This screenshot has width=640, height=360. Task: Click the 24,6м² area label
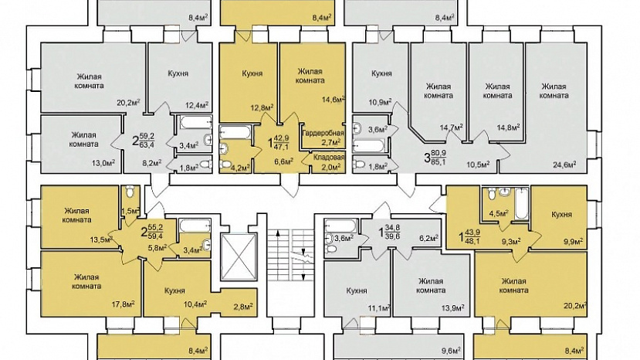[x=564, y=165]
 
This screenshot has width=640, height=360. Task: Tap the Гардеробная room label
[x=323, y=133]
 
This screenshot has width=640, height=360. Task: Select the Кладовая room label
[x=329, y=158]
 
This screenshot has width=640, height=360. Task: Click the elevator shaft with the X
[x=239, y=256]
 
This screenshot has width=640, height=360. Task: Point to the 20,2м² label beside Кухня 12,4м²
[x=129, y=102]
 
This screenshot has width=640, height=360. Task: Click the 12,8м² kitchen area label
[x=262, y=108]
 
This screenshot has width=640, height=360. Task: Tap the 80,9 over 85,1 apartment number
[x=435, y=157]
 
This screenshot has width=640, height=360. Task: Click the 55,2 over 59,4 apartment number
[x=152, y=233]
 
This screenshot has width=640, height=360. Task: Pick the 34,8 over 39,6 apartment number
[x=390, y=233]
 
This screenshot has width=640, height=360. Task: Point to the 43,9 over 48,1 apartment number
[x=469, y=236]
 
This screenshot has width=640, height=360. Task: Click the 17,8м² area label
[x=124, y=304]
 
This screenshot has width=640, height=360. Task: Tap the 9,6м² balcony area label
[x=451, y=350]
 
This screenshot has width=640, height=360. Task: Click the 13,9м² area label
[x=452, y=307]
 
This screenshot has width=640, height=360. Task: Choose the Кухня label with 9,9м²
[x=561, y=214]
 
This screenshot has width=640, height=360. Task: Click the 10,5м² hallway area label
[x=479, y=165]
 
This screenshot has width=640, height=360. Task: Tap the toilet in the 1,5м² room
[x=130, y=192]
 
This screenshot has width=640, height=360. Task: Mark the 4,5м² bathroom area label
[x=499, y=213]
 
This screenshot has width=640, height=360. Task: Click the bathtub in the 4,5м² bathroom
[x=520, y=203]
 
